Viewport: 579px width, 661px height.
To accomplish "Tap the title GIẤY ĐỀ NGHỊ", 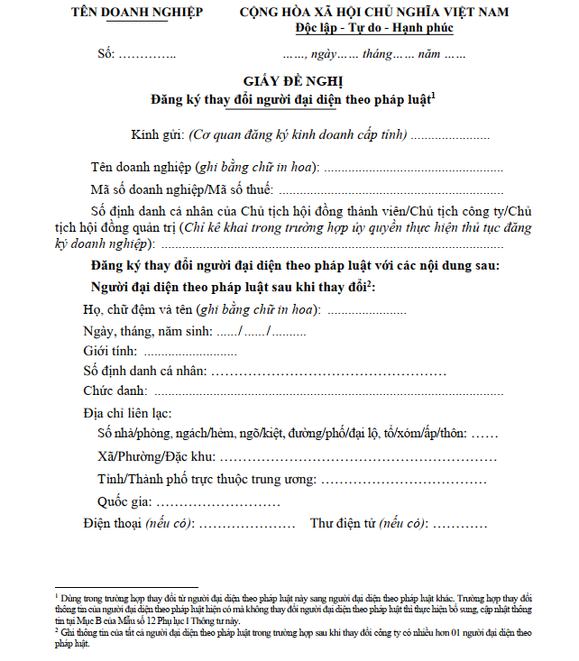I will (x=289, y=81).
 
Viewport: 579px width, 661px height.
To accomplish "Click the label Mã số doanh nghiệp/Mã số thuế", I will (x=181, y=189).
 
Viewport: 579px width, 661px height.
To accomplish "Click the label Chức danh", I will (x=116, y=390).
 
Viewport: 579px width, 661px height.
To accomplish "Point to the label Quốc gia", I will (x=124, y=501).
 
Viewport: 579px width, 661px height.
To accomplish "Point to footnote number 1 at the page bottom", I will (x=56, y=596).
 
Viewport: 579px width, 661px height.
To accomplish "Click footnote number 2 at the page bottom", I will (x=56, y=630).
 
